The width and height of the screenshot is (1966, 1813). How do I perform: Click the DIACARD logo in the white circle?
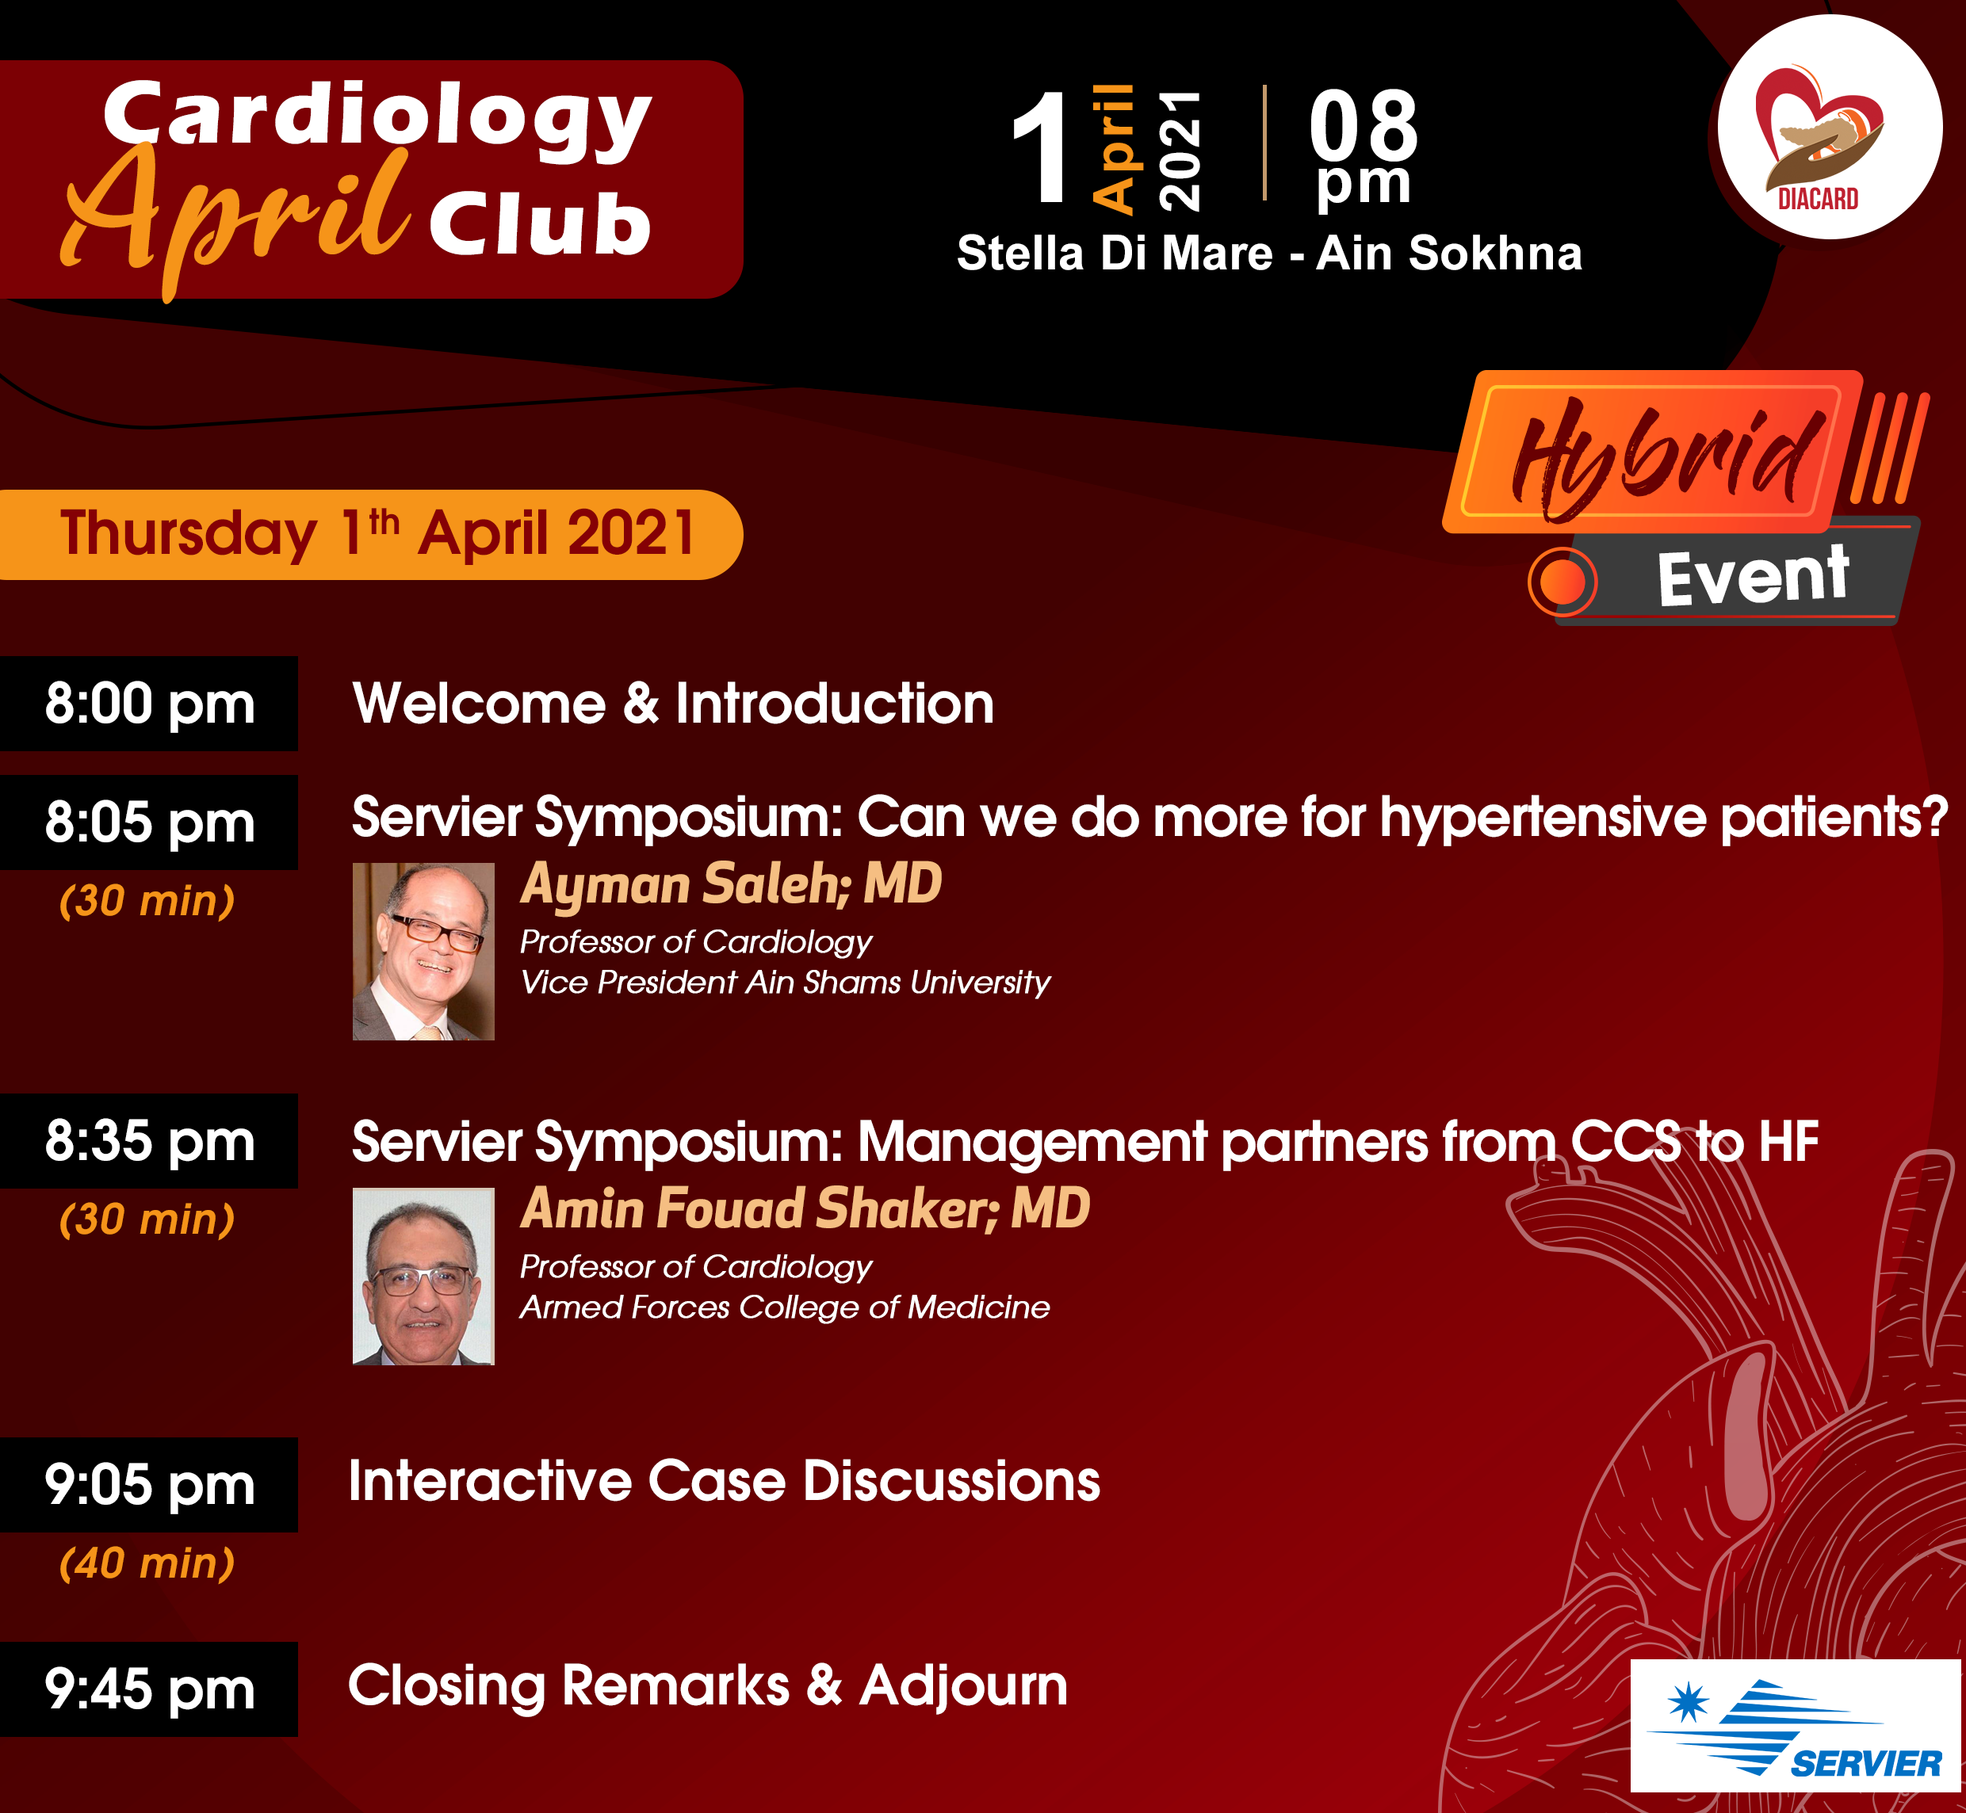tap(1829, 128)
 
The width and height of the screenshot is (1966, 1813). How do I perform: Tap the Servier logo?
tap(1796, 1726)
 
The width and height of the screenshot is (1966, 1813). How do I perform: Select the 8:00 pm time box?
tap(148, 704)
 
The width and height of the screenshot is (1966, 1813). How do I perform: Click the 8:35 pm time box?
tap(148, 1141)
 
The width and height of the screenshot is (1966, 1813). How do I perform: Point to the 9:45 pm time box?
tap(148, 1689)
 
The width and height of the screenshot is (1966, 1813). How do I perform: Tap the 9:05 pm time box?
tap(148, 1484)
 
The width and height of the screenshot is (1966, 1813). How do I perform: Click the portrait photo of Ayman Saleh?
tap(423, 951)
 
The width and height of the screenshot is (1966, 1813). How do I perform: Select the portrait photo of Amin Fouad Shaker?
tap(423, 1277)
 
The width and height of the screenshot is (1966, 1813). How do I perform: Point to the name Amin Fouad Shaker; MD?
tap(805, 1208)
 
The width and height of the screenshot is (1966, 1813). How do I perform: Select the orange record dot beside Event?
tap(1562, 582)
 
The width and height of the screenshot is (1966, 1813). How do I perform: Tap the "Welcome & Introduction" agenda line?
tap(673, 704)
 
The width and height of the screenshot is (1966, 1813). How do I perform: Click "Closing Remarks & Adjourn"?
tap(708, 1685)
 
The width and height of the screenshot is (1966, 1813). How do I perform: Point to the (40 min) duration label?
tap(147, 1563)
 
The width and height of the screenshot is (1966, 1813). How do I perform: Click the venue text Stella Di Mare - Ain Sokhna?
tap(1269, 253)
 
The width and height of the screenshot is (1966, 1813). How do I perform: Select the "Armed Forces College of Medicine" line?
tap(784, 1307)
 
